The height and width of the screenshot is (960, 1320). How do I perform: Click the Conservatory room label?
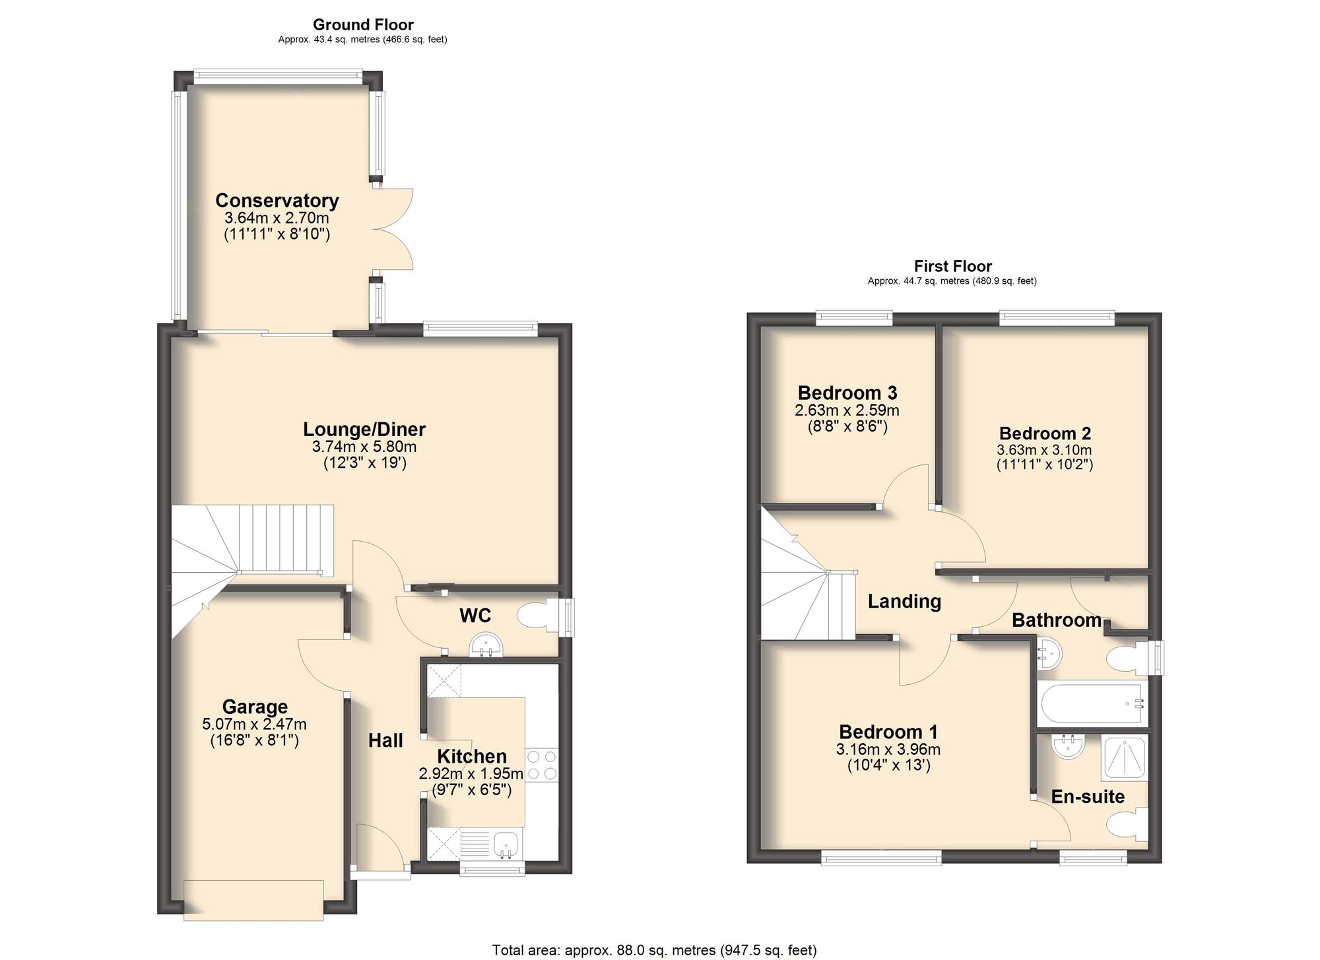pyautogui.click(x=277, y=201)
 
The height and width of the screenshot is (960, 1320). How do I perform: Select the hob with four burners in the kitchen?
pyautogui.click(x=542, y=765)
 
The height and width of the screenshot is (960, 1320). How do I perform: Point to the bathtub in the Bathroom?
pyautogui.click(x=1092, y=704)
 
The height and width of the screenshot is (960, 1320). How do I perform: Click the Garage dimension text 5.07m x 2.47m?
pyautogui.click(x=254, y=724)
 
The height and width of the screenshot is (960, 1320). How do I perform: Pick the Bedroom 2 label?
pyautogui.click(x=1045, y=433)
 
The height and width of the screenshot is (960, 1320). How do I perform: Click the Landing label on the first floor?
pyautogui.click(x=904, y=601)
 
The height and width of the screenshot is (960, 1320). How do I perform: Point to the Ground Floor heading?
pyautogui.click(x=363, y=25)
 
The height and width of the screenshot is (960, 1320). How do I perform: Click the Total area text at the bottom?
pyautogui.click(x=654, y=950)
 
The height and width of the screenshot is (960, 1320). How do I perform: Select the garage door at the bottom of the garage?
pyautogui.click(x=253, y=900)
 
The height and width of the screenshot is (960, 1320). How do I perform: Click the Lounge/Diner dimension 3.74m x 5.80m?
pyautogui.click(x=364, y=447)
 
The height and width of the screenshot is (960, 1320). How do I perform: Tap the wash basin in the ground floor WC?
pyautogui.click(x=486, y=645)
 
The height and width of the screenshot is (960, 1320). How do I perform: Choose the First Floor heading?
pyautogui.click(x=952, y=267)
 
